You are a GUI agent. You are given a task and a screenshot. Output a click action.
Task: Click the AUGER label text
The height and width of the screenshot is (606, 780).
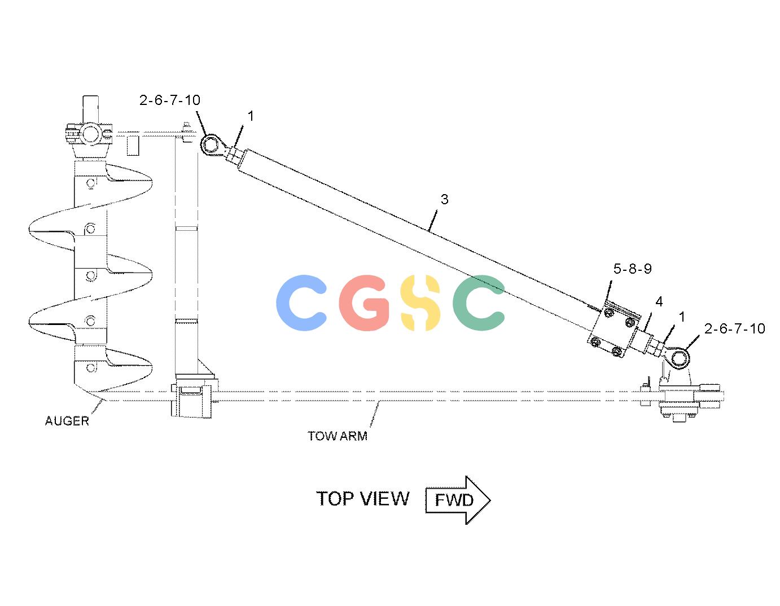point(67,421)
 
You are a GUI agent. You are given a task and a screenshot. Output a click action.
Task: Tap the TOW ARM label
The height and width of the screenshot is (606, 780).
point(338,436)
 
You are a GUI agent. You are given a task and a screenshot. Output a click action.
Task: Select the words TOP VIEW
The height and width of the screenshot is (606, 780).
point(362,499)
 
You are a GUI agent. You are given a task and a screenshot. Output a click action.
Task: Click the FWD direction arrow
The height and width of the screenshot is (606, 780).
point(458,500)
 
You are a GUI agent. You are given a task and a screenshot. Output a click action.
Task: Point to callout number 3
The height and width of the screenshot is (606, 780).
point(444,199)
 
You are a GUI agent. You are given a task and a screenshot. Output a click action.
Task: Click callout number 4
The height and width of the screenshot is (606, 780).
point(659,302)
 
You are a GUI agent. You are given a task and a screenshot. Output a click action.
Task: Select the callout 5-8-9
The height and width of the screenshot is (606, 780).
point(633,269)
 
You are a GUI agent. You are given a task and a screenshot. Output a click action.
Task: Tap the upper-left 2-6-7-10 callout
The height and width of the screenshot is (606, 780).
point(170,100)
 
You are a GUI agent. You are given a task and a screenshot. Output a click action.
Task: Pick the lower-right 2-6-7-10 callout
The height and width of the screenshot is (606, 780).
point(734,328)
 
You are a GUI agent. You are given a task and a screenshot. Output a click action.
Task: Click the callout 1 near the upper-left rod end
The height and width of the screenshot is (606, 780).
point(251,116)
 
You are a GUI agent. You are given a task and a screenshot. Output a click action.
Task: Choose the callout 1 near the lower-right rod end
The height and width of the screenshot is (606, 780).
point(682,317)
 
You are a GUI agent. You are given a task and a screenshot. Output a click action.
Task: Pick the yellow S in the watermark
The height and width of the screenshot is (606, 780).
point(420,303)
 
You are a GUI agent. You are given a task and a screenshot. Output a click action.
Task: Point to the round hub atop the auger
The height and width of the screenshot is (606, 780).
point(90,134)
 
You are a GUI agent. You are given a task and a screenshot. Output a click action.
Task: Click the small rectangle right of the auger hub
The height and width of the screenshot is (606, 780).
point(133,143)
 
